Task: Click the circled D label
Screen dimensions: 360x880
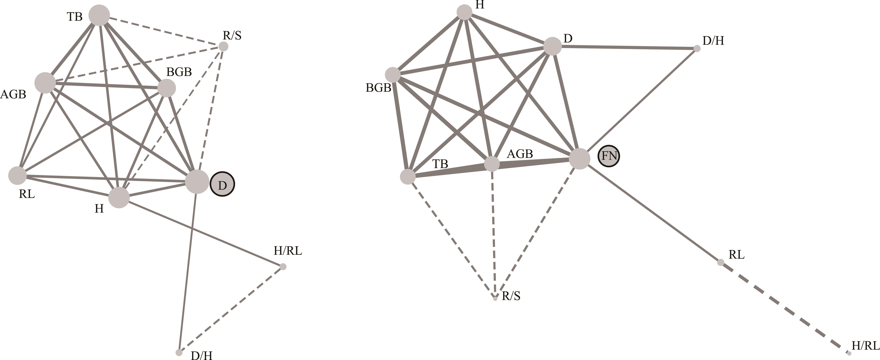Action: tap(222, 185)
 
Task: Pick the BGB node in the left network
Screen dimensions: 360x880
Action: tap(167, 88)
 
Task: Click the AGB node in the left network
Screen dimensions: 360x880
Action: tap(45, 83)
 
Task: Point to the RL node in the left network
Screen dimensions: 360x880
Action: tap(17, 176)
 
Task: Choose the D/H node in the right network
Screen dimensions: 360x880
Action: tap(697, 49)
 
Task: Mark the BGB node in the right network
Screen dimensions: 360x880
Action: tap(393, 74)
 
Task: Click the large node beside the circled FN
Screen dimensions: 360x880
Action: tap(580, 158)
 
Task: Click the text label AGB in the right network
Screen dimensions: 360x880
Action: tap(520, 154)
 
